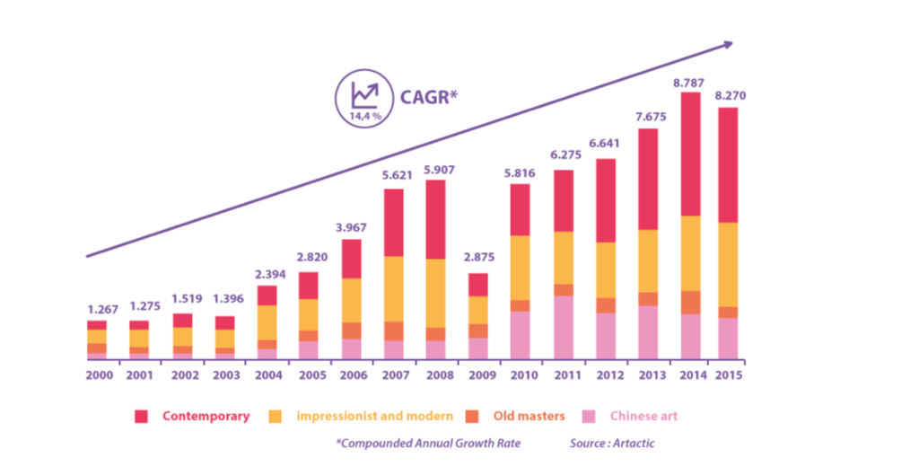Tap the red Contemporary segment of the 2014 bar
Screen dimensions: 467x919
(x=690, y=154)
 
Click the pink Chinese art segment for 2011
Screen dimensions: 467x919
(x=564, y=328)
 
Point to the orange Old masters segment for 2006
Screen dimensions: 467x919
(x=351, y=330)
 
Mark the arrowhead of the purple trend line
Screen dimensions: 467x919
(x=727, y=44)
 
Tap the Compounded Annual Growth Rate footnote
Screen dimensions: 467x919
(x=429, y=444)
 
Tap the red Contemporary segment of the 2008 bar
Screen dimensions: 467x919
(x=436, y=219)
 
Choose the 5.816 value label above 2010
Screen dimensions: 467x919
(x=521, y=173)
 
